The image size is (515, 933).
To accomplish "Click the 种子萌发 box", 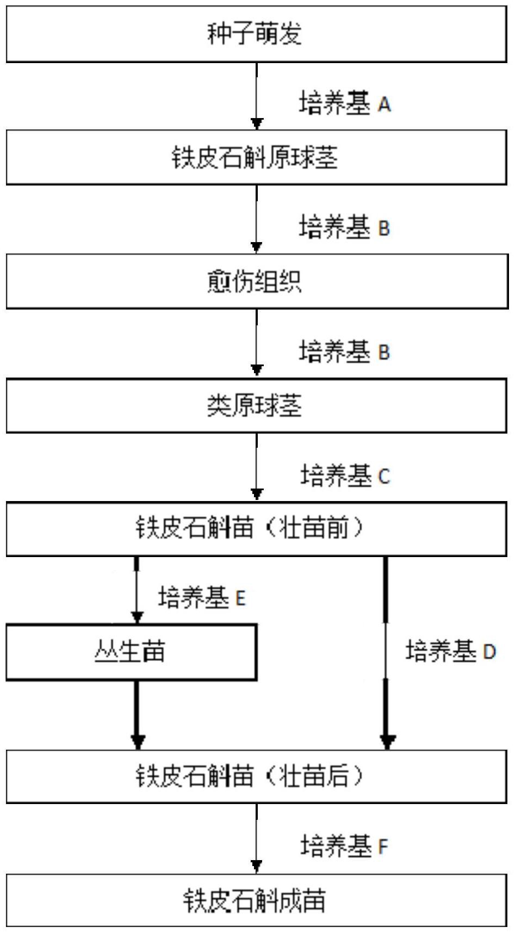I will [x=256, y=34].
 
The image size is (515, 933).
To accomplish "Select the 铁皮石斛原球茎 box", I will [x=256, y=158].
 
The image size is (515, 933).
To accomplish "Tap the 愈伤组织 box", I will [x=256, y=282].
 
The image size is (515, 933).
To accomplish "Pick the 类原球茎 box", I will [x=256, y=406].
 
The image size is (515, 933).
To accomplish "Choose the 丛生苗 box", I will [x=131, y=652].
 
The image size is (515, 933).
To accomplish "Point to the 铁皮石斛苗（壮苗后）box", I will [x=256, y=776].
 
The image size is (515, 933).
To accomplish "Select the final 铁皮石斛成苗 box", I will [x=256, y=900].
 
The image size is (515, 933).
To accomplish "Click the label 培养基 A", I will [x=345, y=103].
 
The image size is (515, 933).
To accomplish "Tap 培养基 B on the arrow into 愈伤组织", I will [x=345, y=227].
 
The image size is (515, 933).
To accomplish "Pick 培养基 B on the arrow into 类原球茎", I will [x=345, y=351].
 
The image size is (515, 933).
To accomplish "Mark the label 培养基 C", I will [x=345, y=475].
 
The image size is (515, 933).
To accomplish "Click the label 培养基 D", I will [x=451, y=651].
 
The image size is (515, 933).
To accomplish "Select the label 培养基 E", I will [x=202, y=598].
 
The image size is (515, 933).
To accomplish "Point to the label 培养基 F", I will [x=345, y=846].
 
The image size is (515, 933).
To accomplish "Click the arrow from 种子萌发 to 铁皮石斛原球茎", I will [x=257, y=96].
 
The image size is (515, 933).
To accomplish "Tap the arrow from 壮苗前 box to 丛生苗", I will [x=136, y=590].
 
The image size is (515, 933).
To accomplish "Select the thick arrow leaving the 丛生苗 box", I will [x=137, y=714].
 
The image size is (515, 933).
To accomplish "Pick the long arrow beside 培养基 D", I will [x=387, y=653].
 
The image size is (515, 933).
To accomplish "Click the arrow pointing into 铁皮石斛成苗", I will [x=257, y=838].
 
